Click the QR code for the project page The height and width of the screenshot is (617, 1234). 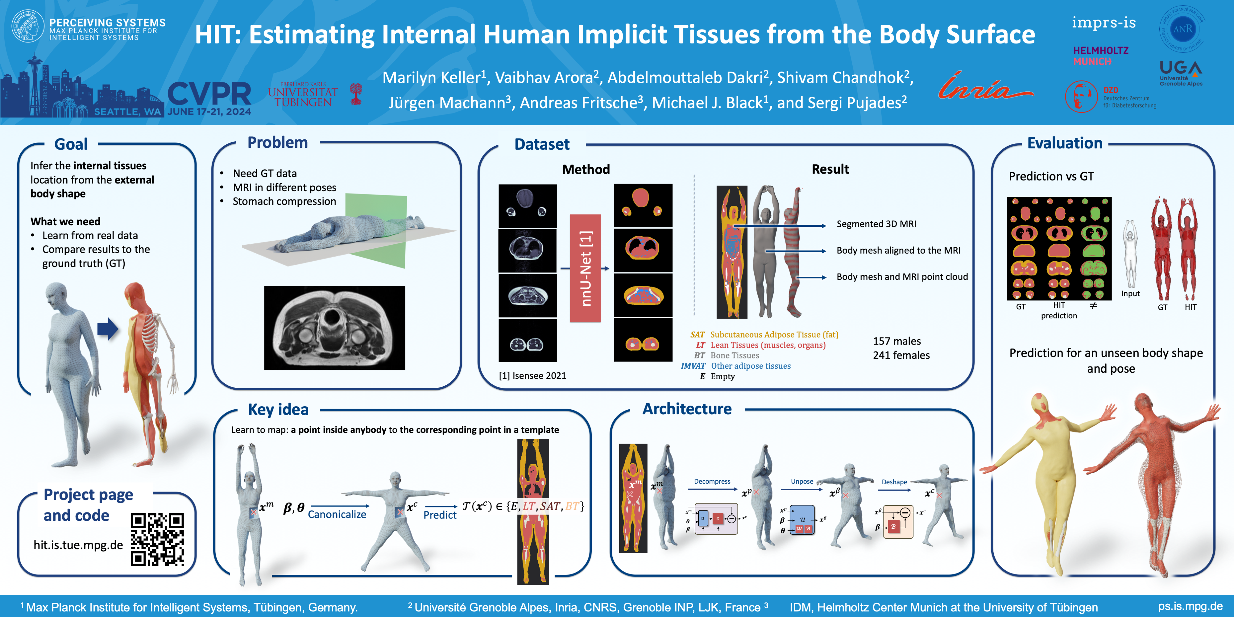pyautogui.click(x=157, y=539)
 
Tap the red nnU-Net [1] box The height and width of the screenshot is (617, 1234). pyautogui.click(x=585, y=268)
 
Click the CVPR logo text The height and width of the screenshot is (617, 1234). pyautogui.click(x=209, y=94)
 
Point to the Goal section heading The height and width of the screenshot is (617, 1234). pyautogui.click(x=71, y=144)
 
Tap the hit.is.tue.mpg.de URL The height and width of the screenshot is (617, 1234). pyautogui.click(x=78, y=545)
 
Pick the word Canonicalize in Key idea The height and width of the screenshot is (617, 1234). pyautogui.click(x=337, y=515)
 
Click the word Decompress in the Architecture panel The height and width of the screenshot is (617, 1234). pyautogui.click(x=712, y=482)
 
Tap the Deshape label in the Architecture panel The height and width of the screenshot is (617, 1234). pyautogui.click(x=894, y=482)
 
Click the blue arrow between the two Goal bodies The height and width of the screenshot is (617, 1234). pyautogui.click(x=108, y=329)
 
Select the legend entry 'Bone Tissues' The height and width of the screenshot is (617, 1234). pyautogui.click(x=734, y=355)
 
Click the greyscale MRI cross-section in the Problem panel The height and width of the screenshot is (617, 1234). pyautogui.click(x=334, y=328)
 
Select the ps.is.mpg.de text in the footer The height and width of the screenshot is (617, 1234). pyautogui.click(x=1190, y=607)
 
